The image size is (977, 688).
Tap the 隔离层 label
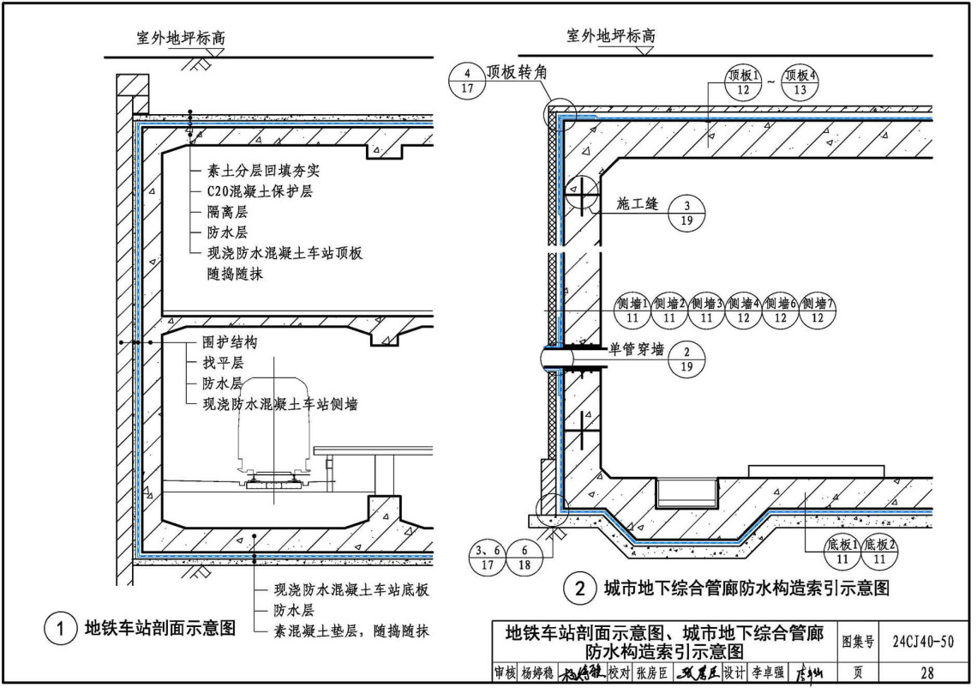click(227, 212)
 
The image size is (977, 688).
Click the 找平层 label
click(222, 363)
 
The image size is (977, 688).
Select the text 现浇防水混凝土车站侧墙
click(279, 404)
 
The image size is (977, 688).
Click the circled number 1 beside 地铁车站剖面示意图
click(60, 629)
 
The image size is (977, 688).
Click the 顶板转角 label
click(516, 73)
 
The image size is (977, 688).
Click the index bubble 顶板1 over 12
click(743, 81)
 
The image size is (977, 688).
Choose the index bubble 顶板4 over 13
click(800, 81)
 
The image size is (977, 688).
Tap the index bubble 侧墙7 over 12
click(818, 310)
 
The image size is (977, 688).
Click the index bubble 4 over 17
click(467, 80)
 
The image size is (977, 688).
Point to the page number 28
click(926, 673)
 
